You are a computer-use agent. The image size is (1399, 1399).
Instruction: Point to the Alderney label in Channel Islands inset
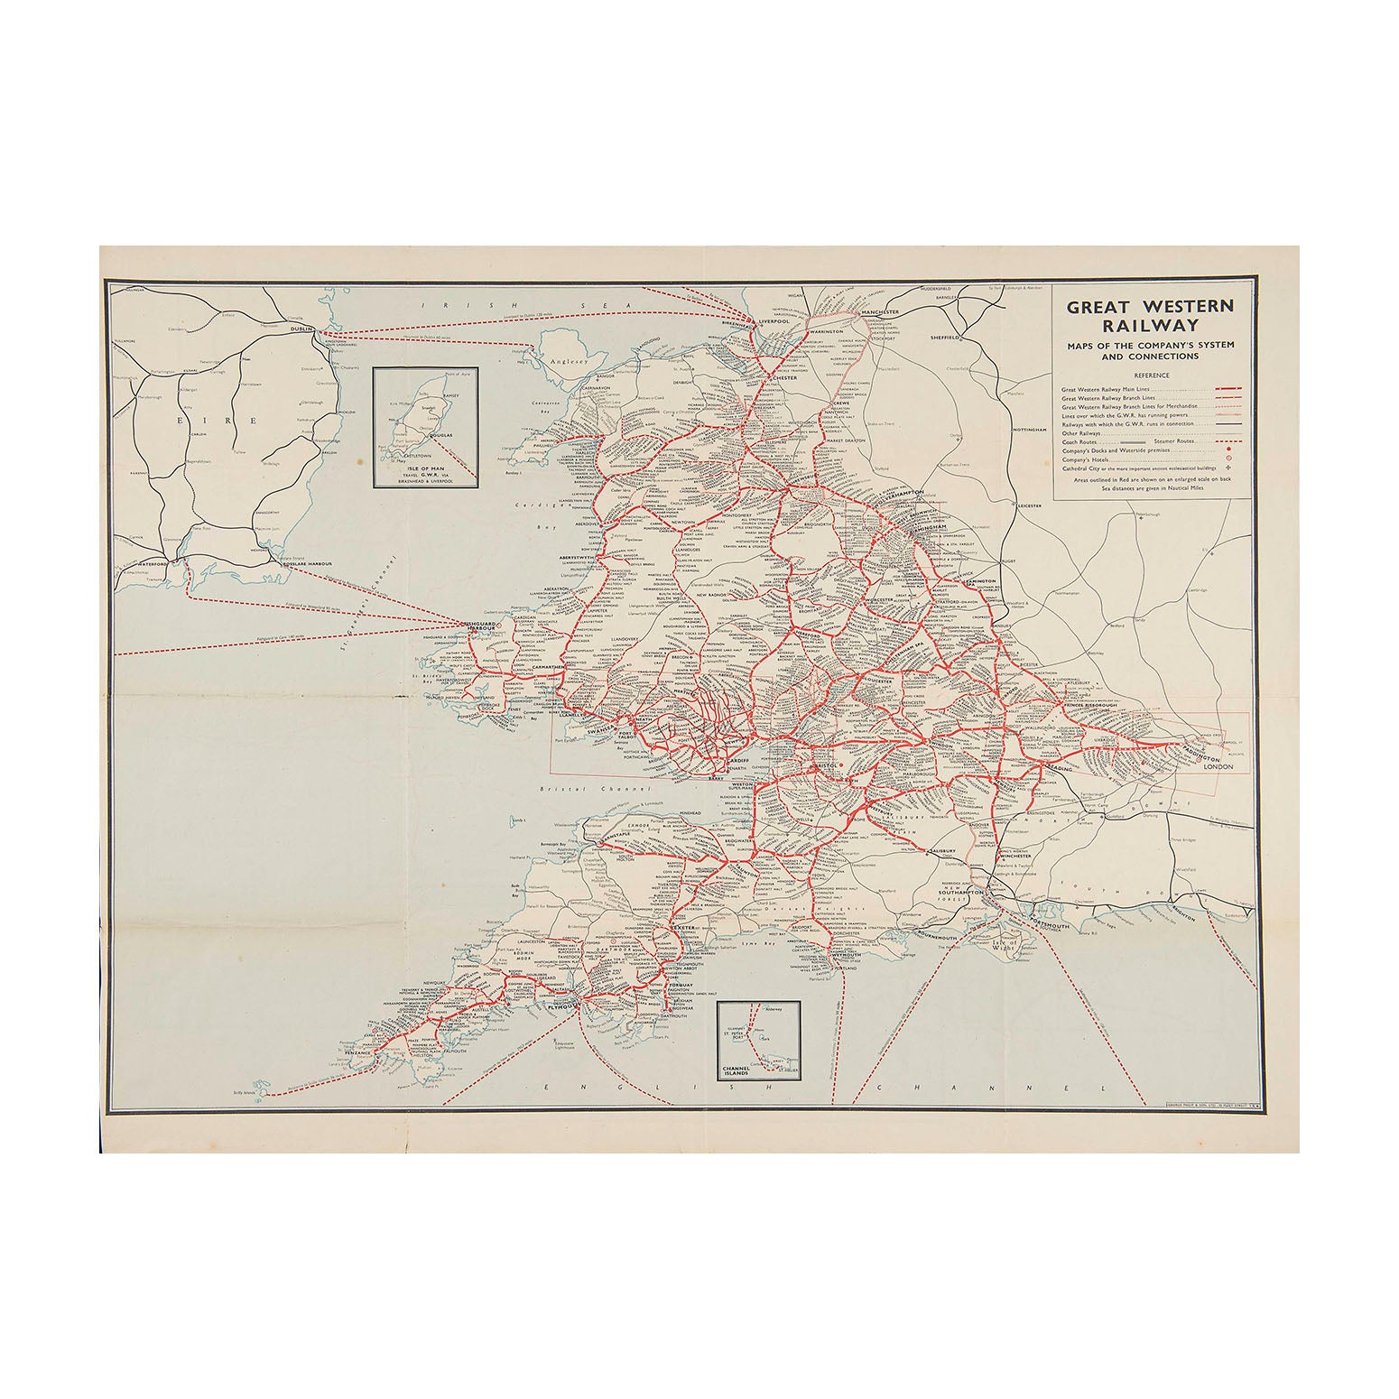(773, 1009)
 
